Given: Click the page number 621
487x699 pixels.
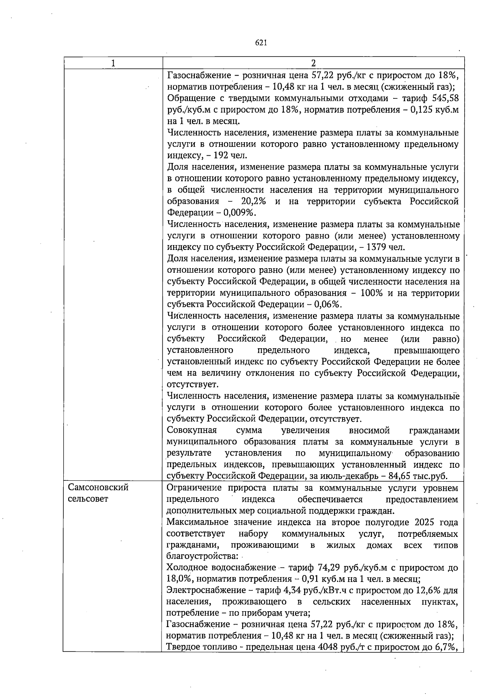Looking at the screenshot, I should click(261, 42).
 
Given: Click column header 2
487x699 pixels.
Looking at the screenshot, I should click(313, 63).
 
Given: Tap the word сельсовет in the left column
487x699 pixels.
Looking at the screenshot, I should click(88, 499).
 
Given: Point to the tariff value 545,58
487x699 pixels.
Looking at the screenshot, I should click(444, 98).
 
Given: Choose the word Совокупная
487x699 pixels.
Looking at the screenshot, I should click(192, 430).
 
